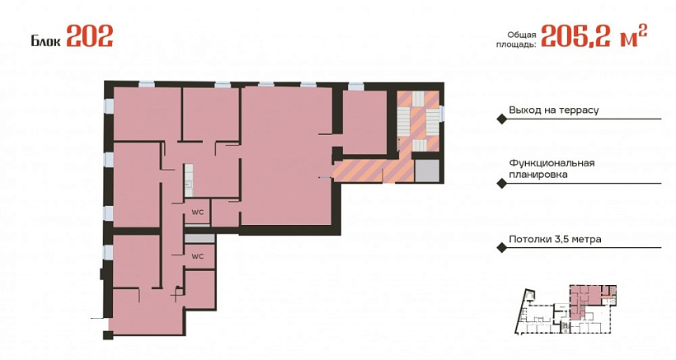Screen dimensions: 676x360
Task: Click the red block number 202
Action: (90, 35)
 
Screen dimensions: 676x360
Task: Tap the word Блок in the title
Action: (45, 41)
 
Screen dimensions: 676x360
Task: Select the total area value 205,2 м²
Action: (594, 35)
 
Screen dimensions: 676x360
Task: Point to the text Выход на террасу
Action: (553, 110)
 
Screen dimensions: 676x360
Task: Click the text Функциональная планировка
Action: (552, 169)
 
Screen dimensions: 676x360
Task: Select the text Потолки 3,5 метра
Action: (555, 239)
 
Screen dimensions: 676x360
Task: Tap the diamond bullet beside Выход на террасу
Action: (501, 119)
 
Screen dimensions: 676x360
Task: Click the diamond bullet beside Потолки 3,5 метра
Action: (501, 248)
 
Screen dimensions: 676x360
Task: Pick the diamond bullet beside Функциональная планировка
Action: (501, 184)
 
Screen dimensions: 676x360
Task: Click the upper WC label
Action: (198, 213)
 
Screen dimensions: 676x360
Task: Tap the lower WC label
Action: (198, 257)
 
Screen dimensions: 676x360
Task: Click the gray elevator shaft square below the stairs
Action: (427, 170)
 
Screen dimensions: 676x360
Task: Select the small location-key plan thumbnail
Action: (566, 309)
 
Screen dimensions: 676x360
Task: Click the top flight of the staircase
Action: (419, 99)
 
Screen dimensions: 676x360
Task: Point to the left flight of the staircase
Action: (403, 122)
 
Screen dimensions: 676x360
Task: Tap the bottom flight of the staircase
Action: (419, 145)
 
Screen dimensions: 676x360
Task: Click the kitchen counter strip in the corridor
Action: (189, 180)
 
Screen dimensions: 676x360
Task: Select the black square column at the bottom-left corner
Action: (108, 335)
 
